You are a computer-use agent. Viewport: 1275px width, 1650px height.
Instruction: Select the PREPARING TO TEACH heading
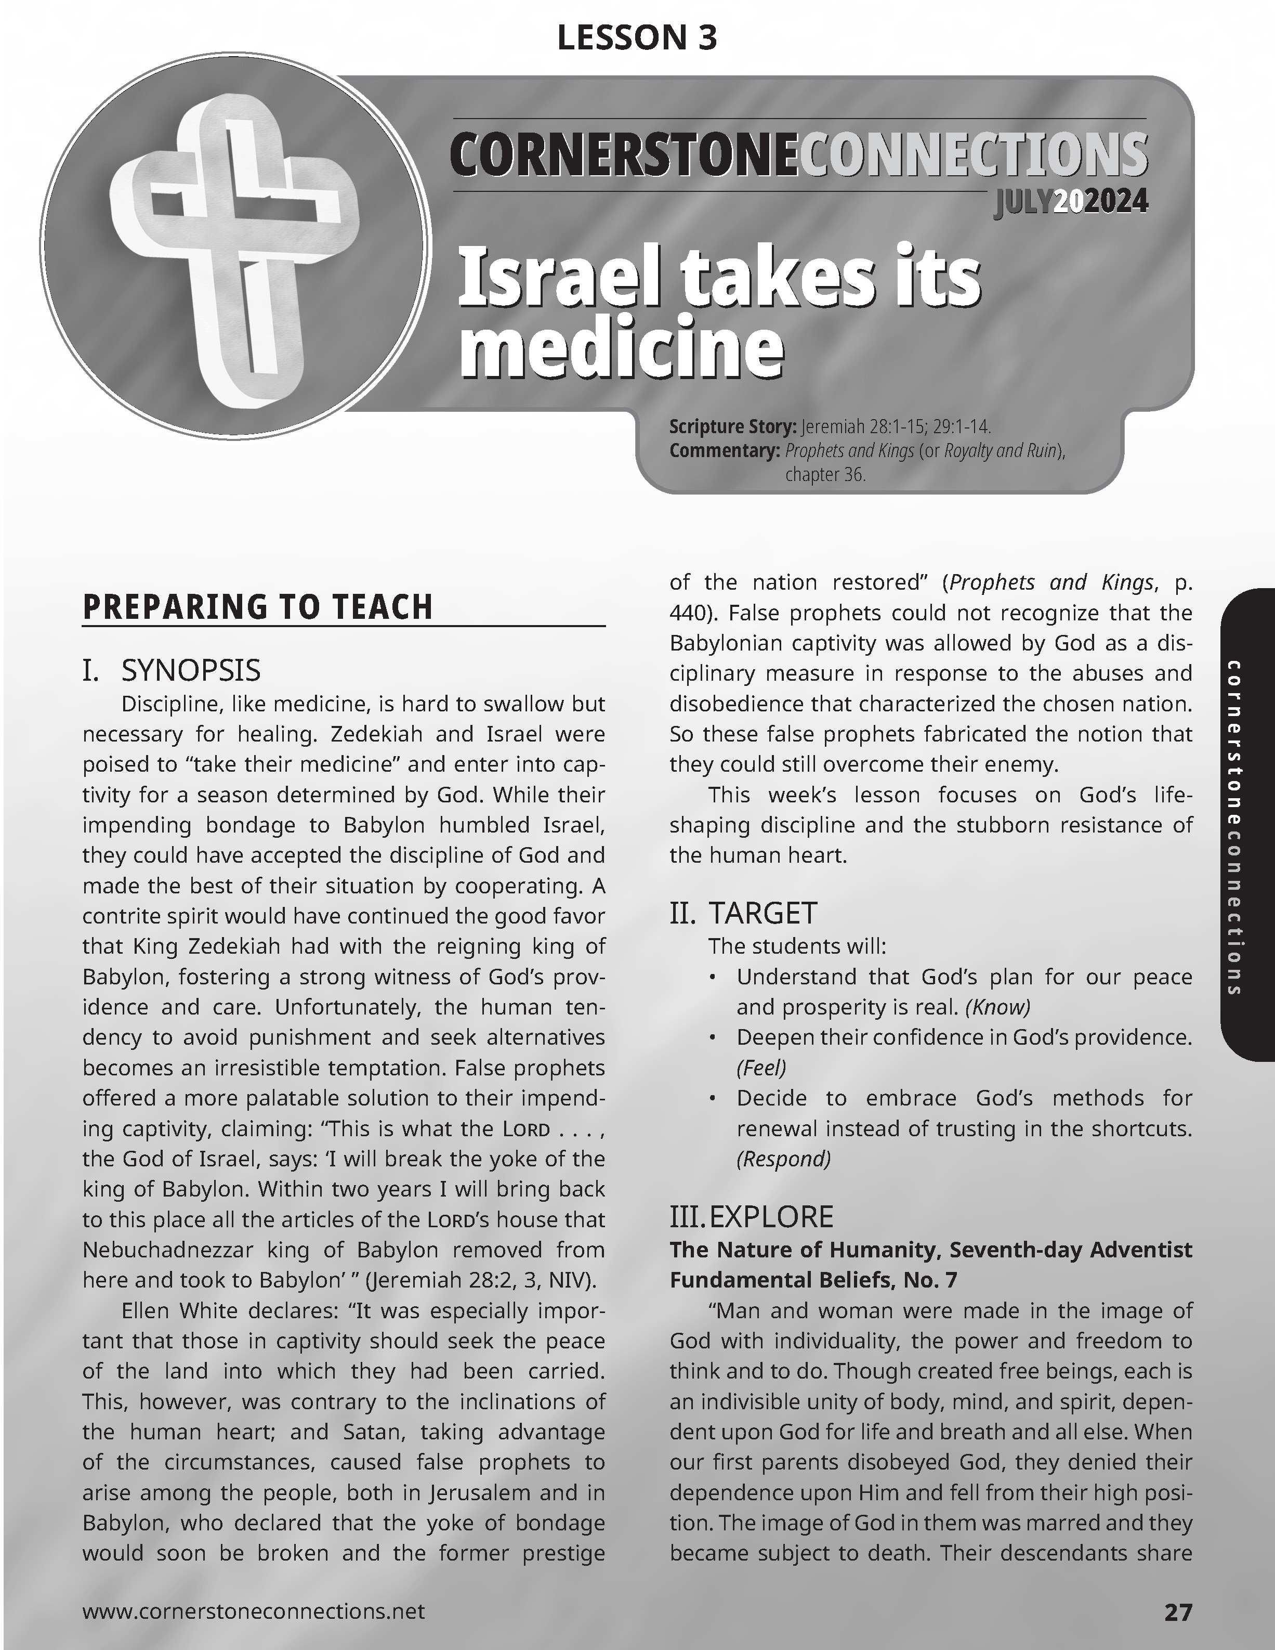click(258, 607)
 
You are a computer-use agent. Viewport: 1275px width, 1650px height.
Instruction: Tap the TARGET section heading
click(762, 913)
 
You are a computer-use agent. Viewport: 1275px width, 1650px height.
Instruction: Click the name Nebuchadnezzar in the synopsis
click(178, 1250)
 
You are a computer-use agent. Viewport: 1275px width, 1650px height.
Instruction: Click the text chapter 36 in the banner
click(825, 475)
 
